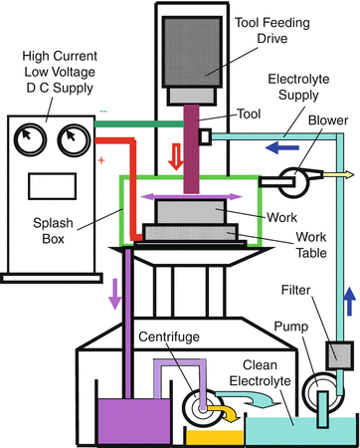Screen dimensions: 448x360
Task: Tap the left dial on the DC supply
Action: pyautogui.click(x=29, y=135)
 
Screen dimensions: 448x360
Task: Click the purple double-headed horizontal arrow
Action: pyautogui.click(x=195, y=199)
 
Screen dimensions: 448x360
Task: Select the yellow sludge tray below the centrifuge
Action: pyautogui.click(x=213, y=434)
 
